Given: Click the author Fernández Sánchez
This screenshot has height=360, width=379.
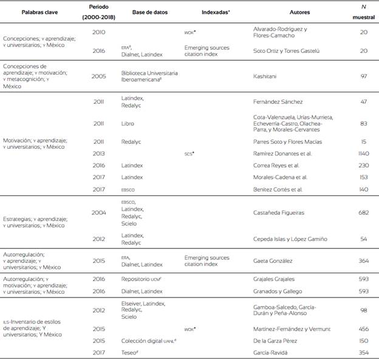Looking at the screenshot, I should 278,103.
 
